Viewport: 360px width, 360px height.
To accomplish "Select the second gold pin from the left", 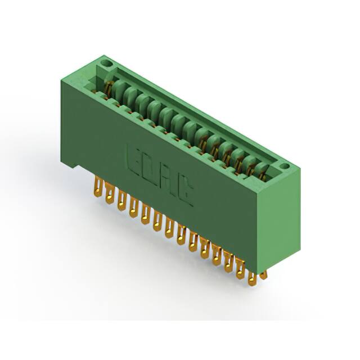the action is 110,193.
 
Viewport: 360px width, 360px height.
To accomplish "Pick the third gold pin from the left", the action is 121,200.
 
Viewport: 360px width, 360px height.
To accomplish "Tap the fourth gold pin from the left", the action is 133,207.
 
